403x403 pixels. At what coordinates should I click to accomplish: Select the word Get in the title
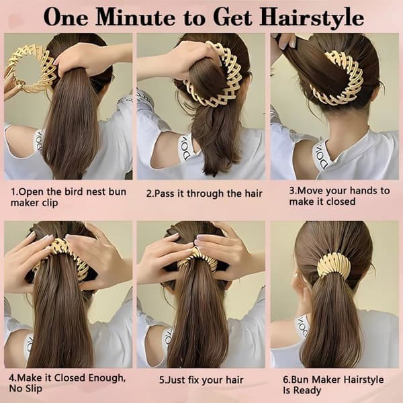[232, 17]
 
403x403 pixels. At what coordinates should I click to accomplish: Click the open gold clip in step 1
[28, 69]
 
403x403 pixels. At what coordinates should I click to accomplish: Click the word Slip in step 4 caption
[34, 388]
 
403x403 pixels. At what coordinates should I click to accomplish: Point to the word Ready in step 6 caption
[308, 390]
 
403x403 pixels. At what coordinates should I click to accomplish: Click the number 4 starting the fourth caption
[12, 377]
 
